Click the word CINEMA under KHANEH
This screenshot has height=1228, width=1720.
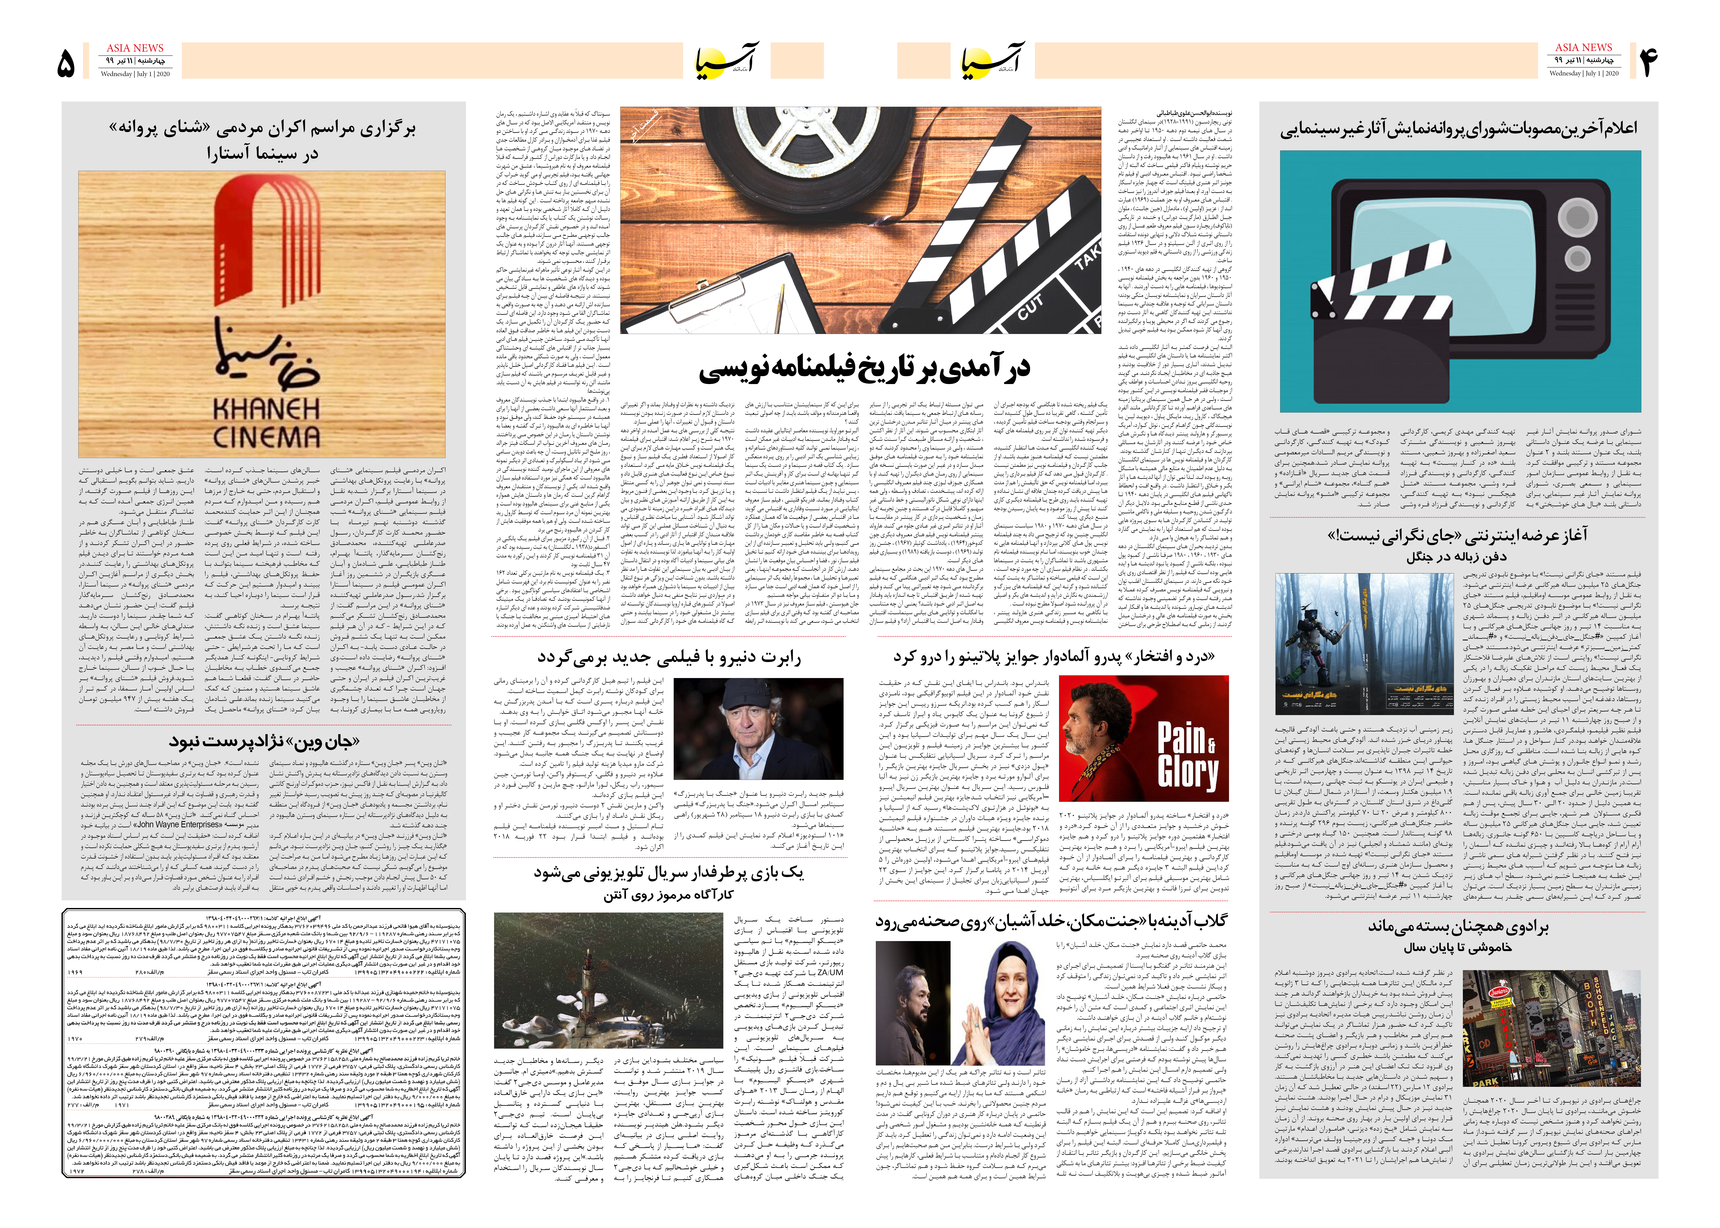266,437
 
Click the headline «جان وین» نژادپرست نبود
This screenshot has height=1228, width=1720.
265,741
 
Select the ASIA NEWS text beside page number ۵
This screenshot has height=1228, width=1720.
135,48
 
